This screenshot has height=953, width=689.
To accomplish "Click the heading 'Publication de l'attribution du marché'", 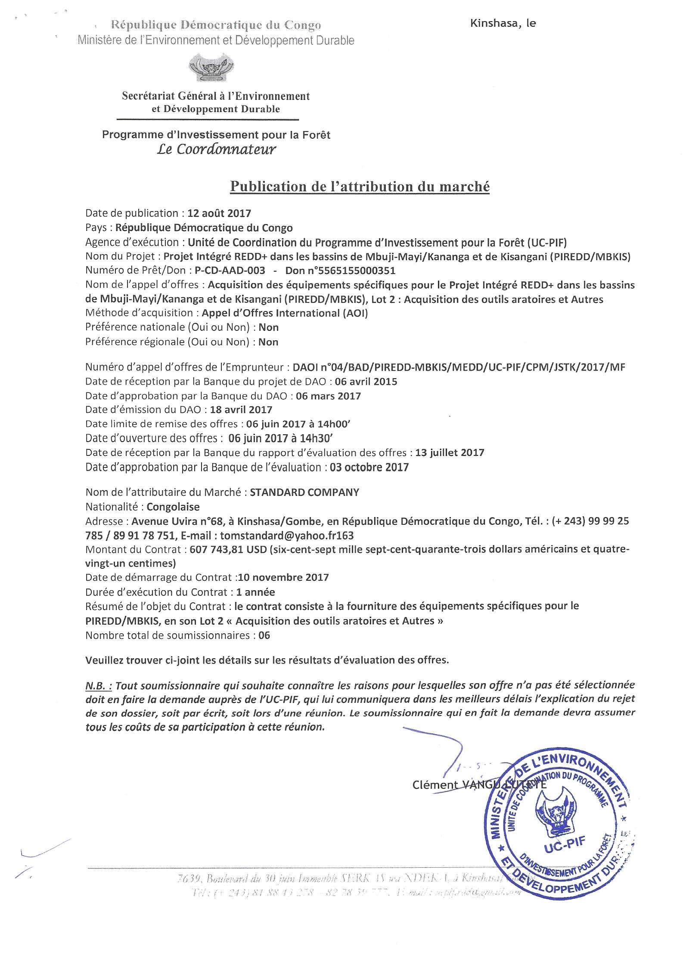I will pos(360,187).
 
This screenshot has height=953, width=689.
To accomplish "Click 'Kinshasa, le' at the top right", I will pos(503,24).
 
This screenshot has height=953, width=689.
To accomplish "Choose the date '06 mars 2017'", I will pos(329,396).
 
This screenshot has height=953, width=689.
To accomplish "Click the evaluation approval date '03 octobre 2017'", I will pos(369,467).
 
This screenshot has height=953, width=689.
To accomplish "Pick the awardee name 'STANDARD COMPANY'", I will pos(304,492).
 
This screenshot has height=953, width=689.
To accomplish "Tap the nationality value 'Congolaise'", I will pos(173,507).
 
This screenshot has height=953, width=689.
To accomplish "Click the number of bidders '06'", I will pos(264,635).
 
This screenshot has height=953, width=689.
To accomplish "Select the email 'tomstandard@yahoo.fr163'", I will pos(287,536).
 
